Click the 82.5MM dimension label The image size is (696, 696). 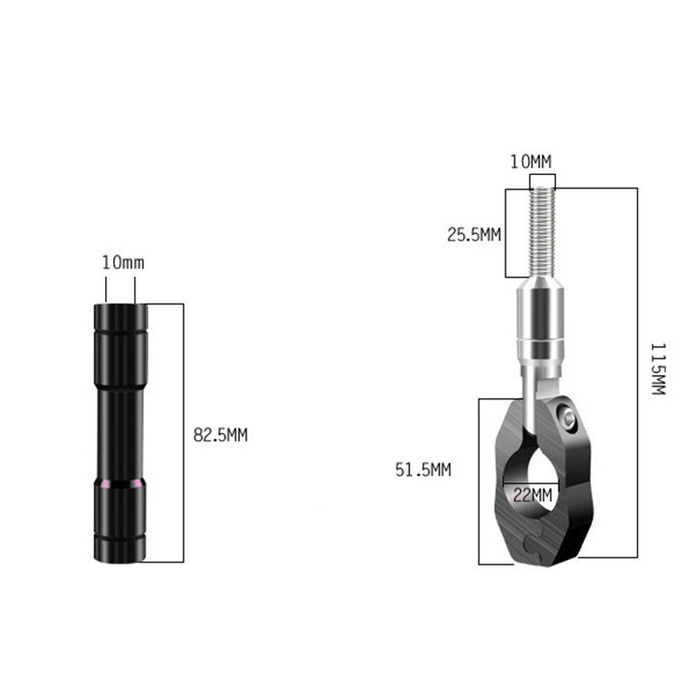click(220, 435)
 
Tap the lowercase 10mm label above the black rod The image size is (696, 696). click(124, 262)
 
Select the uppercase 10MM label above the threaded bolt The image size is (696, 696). click(531, 161)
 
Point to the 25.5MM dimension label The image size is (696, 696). click(474, 235)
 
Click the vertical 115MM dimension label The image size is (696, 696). click(658, 369)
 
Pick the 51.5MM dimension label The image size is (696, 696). click(423, 470)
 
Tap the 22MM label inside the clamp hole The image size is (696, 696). click(533, 495)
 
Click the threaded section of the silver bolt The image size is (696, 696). click(542, 232)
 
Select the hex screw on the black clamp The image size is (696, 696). click(567, 417)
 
